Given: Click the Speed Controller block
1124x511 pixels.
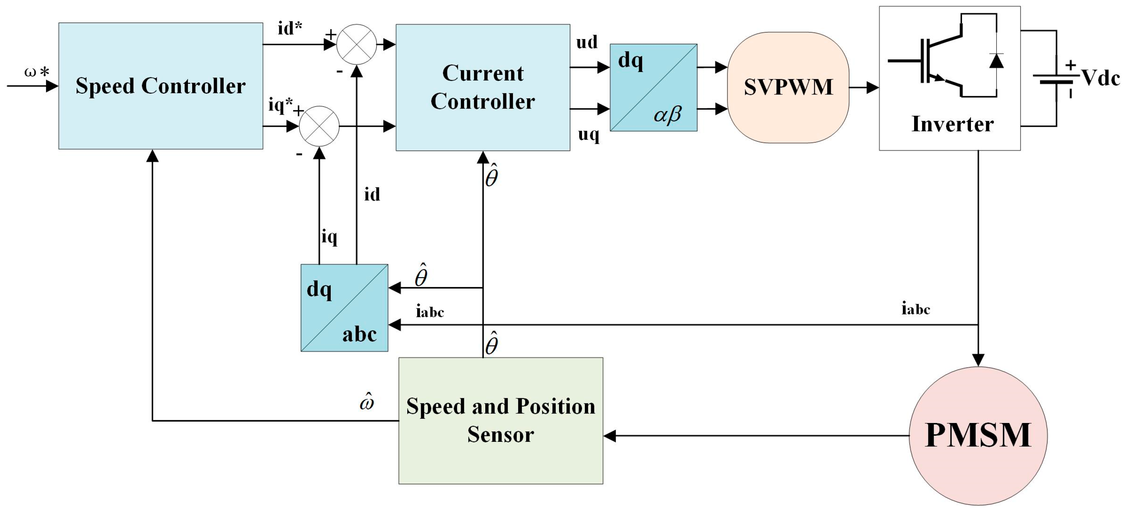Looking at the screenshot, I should [x=161, y=86].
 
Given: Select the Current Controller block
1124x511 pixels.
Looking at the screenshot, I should [x=482, y=87].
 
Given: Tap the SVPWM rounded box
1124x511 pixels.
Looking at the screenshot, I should [x=788, y=87].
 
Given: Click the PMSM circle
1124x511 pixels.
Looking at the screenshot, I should [x=978, y=435].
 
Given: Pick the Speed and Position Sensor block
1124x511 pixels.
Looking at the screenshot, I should [x=501, y=420].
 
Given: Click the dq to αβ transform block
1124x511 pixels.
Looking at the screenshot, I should [x=653, y=87].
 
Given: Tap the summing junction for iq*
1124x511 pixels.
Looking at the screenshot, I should [x=319, y=126].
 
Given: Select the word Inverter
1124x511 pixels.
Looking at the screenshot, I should [x=952, y=124].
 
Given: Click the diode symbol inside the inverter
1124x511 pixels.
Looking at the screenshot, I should [x=996, y=61].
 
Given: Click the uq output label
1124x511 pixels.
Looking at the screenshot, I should [x=588, y=134].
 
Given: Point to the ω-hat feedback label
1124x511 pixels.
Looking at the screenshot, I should [x=367, y=401].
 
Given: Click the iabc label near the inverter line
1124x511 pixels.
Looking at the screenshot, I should [x=916, y=309].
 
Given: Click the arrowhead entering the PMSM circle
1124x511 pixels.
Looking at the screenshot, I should [x=978, y=359].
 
